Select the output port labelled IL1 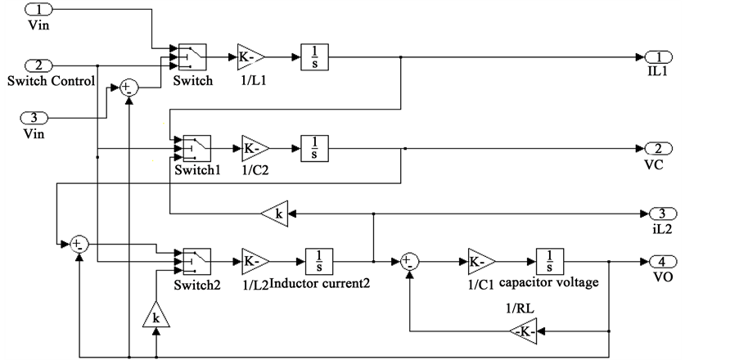click(658, 56)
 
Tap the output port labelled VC click(658, 148)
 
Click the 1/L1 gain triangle click(250, 57)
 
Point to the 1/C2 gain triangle click(255, 149)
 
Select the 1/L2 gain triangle click(255, 263)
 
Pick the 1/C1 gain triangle click(481, 263)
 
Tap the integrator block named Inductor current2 click(318, 263)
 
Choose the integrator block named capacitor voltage click(550, 263)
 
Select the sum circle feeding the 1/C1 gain click(410, 263)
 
